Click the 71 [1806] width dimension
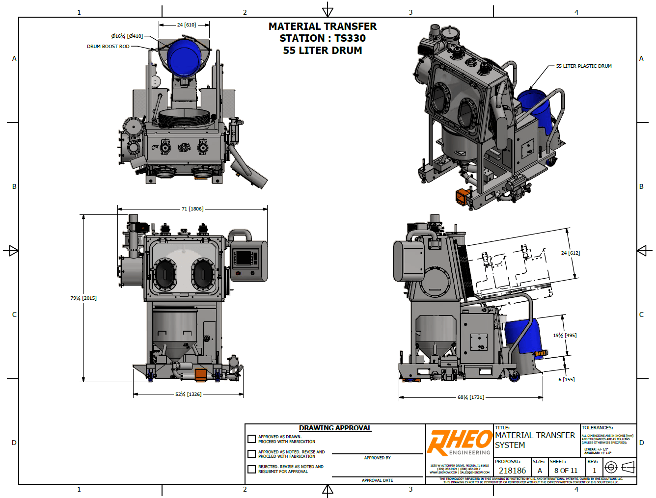tap(192, 209)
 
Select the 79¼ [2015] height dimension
tap(83, 298)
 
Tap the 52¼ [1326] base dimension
tap(188, 394)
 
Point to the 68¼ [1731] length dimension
tap(470, 397)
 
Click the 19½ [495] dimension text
tap(565, 335)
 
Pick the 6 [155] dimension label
tap(566, 379)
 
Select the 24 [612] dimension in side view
tap(570, 253)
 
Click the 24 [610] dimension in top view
tap(186, 25)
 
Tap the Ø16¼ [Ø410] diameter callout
tap(127, 36)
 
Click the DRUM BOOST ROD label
tap(108, 47)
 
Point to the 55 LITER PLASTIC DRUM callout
tap(583, 66)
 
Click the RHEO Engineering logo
tap(459, 443)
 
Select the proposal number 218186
tap(512, 471)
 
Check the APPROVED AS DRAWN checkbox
tap(252, 439)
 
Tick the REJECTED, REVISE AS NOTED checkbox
tap(252, 469)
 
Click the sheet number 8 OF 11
tap(566, 471)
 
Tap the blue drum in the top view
tap(184, 57)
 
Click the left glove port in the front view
tap(165, 274)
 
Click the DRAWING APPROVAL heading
tap(335, 428)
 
